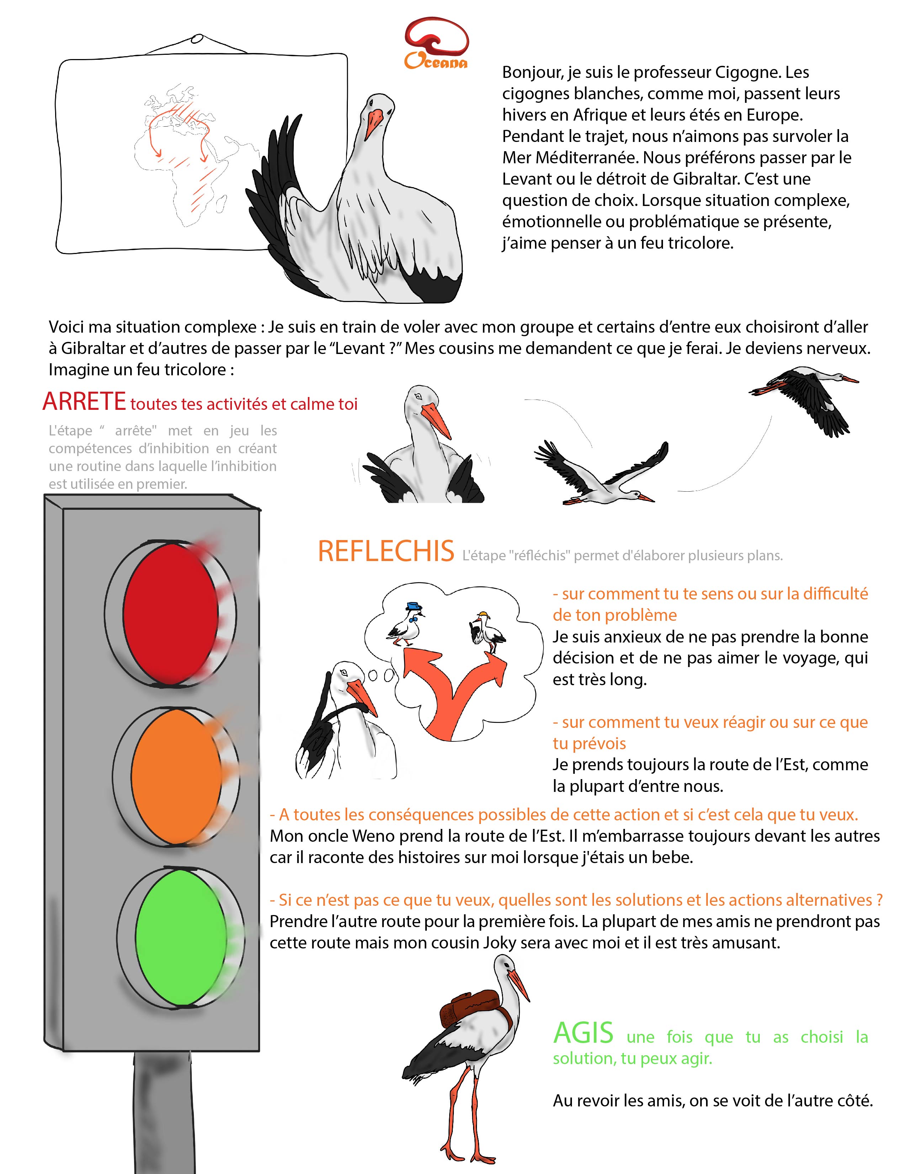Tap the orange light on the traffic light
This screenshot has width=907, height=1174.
176,777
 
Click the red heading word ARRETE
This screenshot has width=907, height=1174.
84,402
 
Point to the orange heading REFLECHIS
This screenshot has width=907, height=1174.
386,551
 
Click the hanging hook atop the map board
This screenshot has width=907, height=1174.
197,40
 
